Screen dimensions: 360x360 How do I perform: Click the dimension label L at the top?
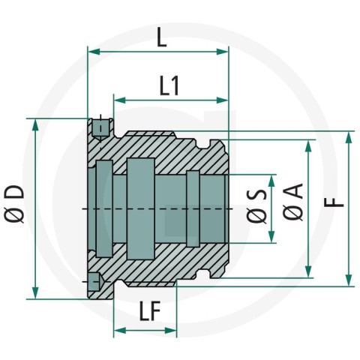pyautogui.click(x=162, y=37)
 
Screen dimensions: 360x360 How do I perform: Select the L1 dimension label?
pyautogui.click(x=169, y=86)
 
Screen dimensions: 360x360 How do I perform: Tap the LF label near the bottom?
pyautogui.click(x=150, y=311)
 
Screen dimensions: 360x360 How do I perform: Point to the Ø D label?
pyautogui.click(x=14, y=204)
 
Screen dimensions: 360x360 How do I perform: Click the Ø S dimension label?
pyautogui.click(x=256, y=206)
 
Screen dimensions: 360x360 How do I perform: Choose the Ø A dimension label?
pyautogui.click(x=293, y=202)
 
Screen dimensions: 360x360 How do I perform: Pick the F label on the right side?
pyautogui.click(x=334, y=202)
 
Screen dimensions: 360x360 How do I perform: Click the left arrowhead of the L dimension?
pyautogui.click(x=94, y=52)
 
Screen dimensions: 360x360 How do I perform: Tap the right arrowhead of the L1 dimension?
pyautogui.click(x=223, y=100)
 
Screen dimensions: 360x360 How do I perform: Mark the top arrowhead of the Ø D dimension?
pyautogui.click(x=36, y=124)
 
